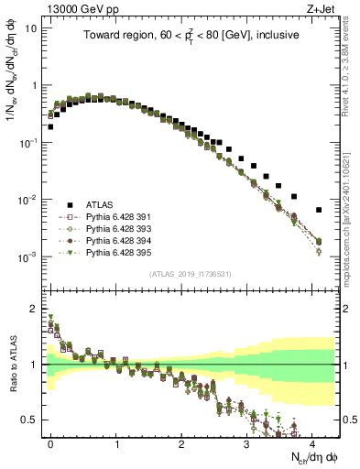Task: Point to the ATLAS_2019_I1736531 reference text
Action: pyautogui.click(x=191, y=274)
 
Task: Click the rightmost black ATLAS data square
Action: pyautogui.click(x=318, y=210)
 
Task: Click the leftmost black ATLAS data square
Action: pyautogui.click(x=49, y=126)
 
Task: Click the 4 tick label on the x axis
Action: pyautogui.click(x=313, y=443)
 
